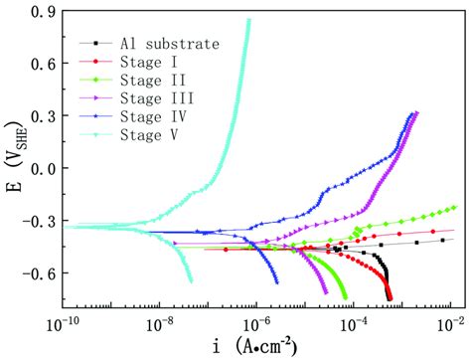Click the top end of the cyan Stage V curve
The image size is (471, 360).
coord(248,20)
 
